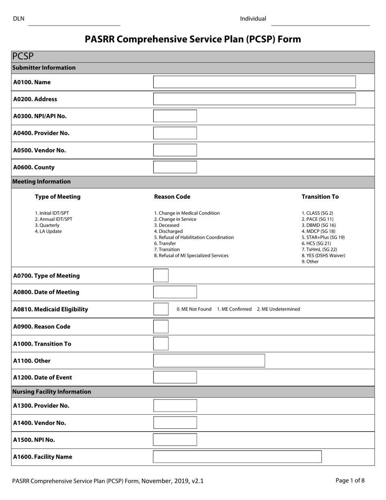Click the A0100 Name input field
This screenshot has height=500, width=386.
tap(254, 82)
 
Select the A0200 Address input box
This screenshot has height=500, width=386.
tap(254, 99)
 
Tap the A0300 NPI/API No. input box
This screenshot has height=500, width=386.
tap(175, 116)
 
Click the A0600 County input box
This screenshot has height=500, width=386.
tap(175, 167)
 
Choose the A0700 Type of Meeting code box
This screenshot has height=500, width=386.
tap(160, 276)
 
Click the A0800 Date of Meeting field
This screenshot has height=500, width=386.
tap(175, 292)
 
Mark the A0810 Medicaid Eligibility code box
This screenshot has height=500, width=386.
tap(160, 309)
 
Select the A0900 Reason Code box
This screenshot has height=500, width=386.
tap(160, 326)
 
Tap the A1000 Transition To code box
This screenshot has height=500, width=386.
tap(160, 343)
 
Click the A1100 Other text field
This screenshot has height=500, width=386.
tap(209, 361)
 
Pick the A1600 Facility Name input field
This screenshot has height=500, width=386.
tap(237, 457)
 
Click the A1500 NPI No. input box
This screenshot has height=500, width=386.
tap(175, 440)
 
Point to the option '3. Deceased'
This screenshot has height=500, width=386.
tap(167, 225)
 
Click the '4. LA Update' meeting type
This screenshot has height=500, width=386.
tap(48, 231)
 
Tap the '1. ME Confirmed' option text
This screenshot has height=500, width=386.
tap(234, 309)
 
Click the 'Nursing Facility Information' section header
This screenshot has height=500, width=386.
tap(52, 392)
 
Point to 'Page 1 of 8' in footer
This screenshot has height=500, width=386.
tap(350, 480)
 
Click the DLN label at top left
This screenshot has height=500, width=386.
tap(19, 19)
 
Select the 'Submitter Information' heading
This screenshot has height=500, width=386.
tap(44, 68)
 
